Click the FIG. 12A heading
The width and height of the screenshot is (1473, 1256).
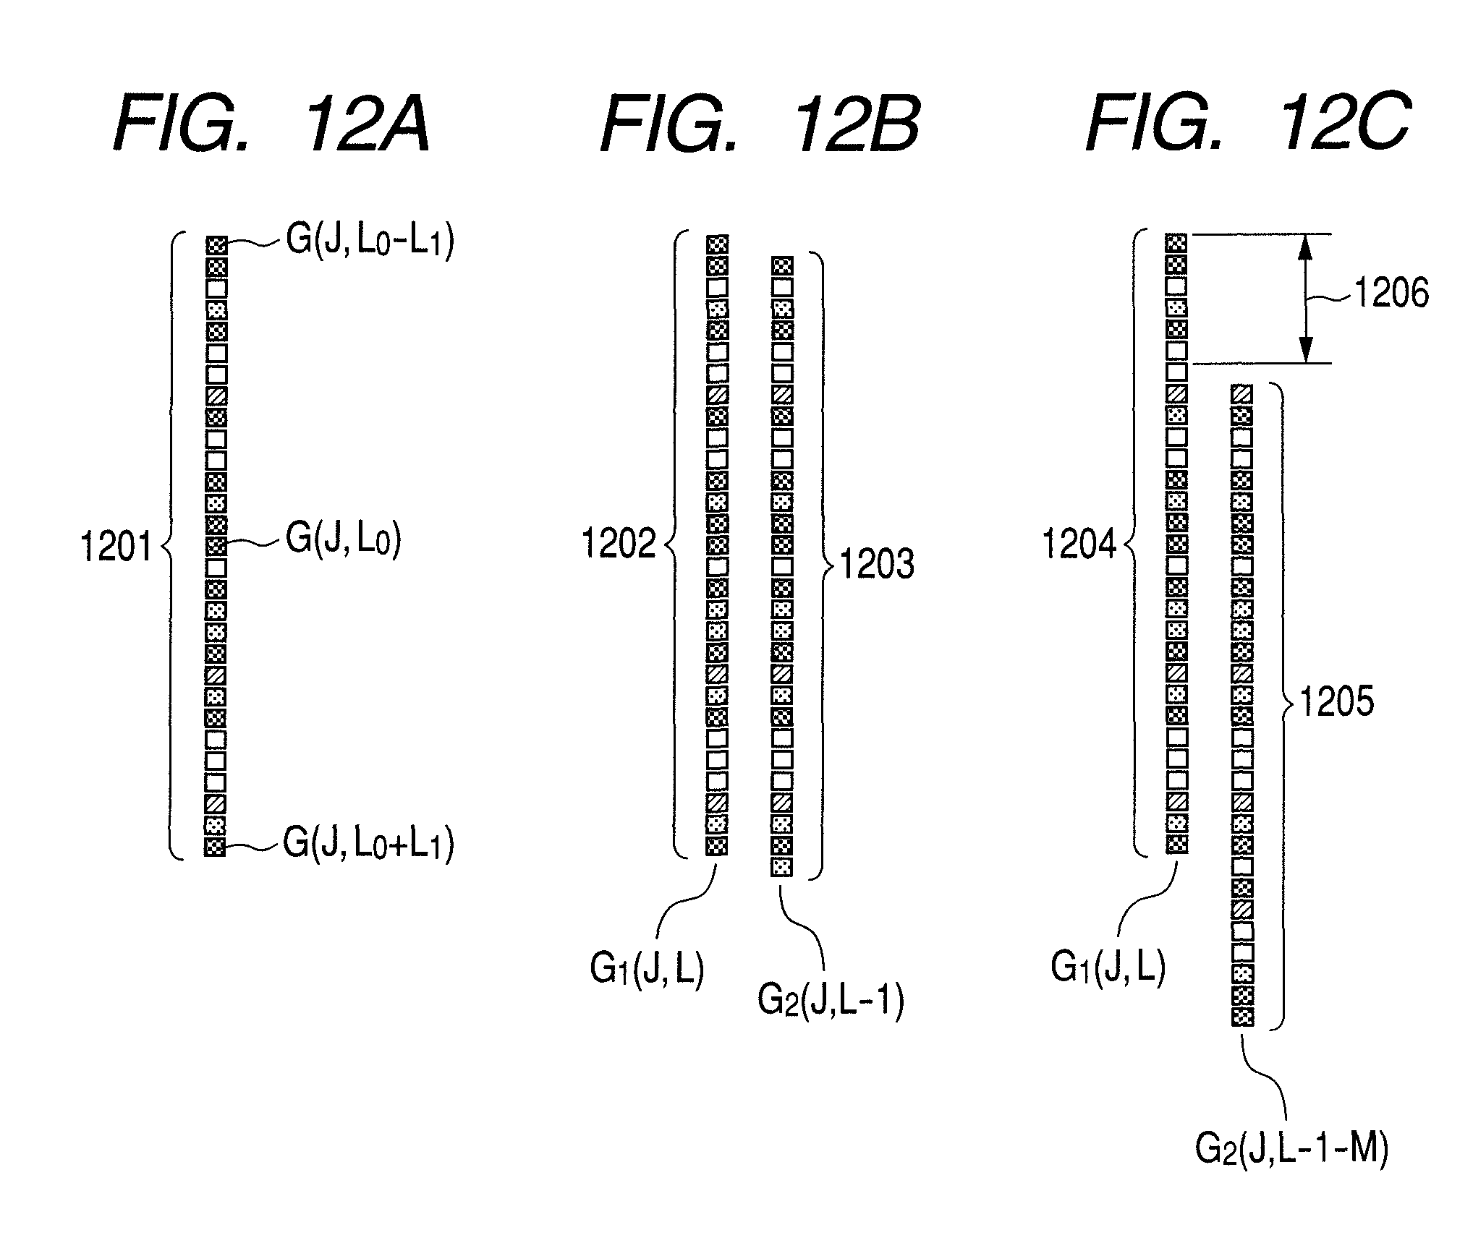[x=272, y=126]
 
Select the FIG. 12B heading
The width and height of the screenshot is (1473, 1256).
[x=760, y=126]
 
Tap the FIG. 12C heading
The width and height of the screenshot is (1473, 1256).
[x=1248, y=126]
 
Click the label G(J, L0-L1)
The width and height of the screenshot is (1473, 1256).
[x=370, y=242]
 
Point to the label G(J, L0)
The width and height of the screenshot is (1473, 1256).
[x=344, y=539]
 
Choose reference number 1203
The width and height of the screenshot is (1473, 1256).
[x=877, y=564]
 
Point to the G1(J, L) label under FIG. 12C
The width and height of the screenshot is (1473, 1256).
[x=1108, y=967]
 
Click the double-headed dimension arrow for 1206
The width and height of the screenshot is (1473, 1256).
[x=1305, y=298]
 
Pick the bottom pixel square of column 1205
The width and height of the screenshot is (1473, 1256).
[x=1242, y=1016]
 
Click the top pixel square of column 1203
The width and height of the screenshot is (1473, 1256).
[x=782, y=266]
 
